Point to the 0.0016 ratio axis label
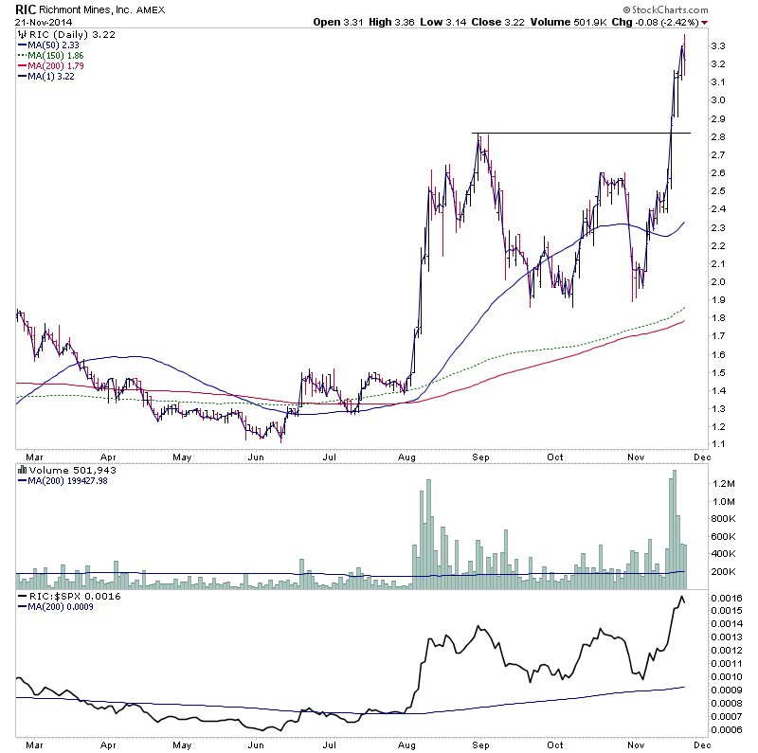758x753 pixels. (728, 599)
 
